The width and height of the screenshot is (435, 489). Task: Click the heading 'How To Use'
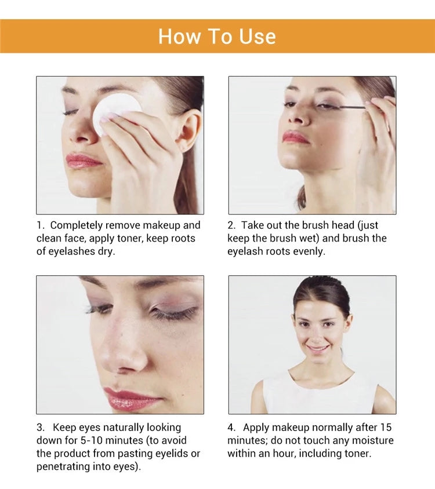(x=217, y=36)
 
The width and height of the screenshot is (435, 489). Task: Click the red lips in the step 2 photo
(x=295, y=137)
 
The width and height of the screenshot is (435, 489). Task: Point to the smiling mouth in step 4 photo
(x=317, y=349)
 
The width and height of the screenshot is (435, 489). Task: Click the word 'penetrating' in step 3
(x=64, y=466)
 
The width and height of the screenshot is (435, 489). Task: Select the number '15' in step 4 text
(x=385, y=427)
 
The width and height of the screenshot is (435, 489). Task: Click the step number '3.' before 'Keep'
(x=41, y=427)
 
